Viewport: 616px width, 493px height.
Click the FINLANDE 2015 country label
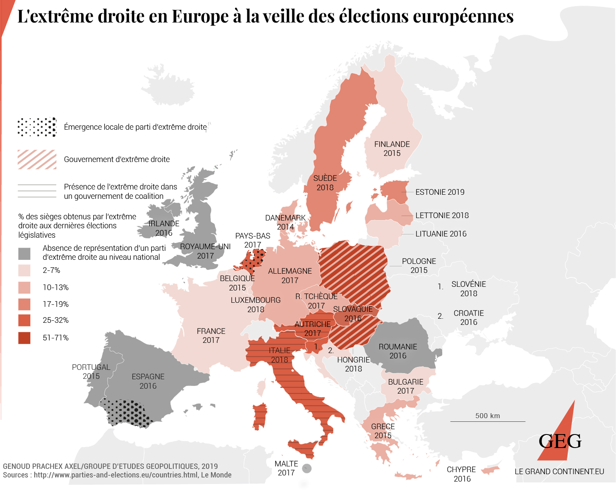click(392, 149)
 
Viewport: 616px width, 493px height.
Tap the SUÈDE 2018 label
click(325, 183)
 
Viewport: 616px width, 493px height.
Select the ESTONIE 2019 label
click(440, 192)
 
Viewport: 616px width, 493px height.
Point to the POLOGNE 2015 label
click(419, 266)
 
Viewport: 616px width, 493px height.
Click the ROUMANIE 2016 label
click(398, 351)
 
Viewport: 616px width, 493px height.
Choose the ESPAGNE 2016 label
click(148, 381)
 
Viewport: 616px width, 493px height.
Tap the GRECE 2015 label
click(383, 431)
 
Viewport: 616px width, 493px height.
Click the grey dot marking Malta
click(307, 468)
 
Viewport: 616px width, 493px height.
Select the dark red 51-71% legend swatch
click(25, 338)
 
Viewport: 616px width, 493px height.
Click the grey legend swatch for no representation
click(25, 254)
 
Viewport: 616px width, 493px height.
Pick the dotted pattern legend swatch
click(37, 127)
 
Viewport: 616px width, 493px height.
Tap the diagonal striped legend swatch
click(37, 160)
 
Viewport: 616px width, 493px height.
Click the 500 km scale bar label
click(487, 416)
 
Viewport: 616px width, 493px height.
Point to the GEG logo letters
click(560, 441)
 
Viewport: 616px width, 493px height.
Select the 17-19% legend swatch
click(25, 304)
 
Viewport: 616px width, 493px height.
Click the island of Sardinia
click(260, 416)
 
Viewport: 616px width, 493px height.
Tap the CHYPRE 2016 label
click(461, 474)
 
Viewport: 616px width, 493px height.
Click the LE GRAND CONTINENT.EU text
click(559, 471)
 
